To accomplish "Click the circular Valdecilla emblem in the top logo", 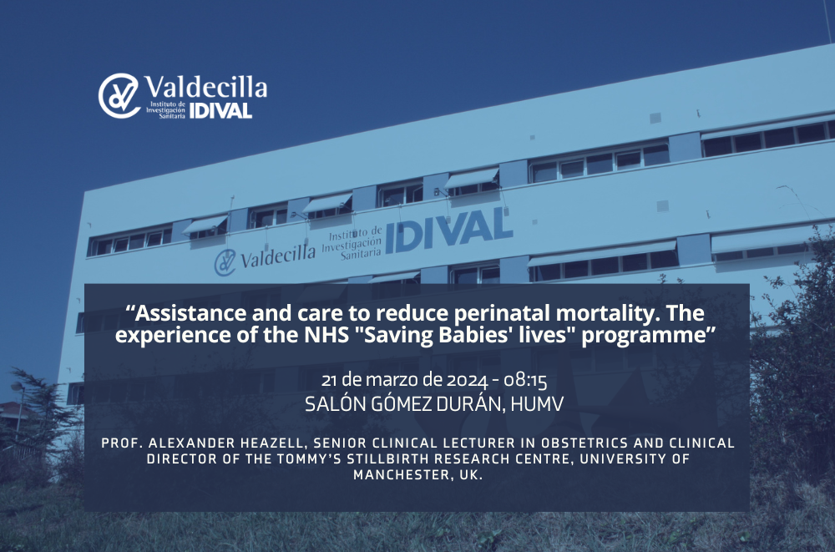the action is (119, 96).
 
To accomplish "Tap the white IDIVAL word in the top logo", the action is (220, 110).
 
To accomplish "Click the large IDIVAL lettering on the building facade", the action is (449, 230).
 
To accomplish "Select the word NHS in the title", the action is (326, 335).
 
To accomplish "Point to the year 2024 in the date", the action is (467, 381).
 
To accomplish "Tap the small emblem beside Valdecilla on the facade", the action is (225, 262).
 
